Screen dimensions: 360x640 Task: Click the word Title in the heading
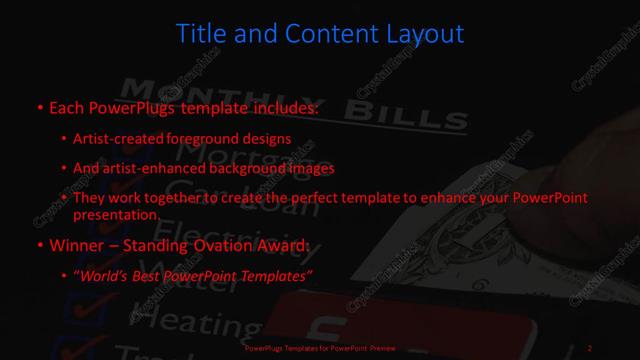pyautogui.click(x=200, y=34)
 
